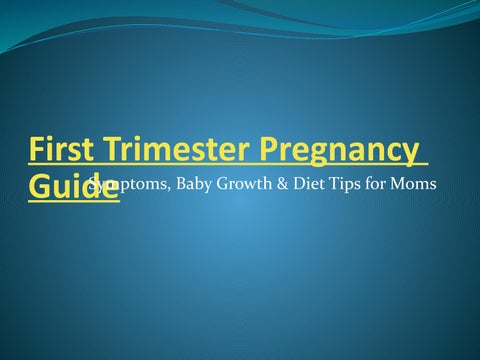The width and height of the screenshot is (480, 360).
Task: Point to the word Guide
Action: pyautogui.click(x=73, y=189)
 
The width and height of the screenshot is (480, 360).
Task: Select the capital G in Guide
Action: pyautogui.click(x=39, y=189)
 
